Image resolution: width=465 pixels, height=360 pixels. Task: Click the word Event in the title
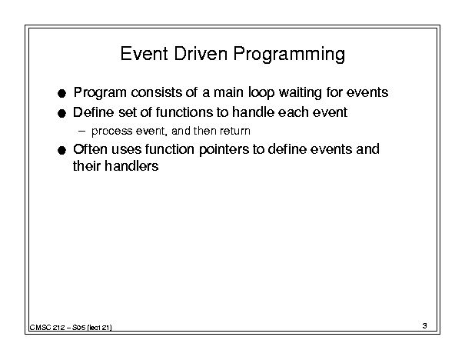point(144,54)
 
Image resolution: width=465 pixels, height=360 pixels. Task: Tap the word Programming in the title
point(289,55)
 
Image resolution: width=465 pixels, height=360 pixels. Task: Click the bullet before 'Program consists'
point(61,94)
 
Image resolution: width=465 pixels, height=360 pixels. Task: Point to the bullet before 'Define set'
point(61,113)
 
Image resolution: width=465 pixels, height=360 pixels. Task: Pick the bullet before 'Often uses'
point(61,151)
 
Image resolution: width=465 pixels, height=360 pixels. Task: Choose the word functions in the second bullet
point(184,112)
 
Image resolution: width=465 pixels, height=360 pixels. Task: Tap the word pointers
point(224,150)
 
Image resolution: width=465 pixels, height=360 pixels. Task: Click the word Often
point(90,149)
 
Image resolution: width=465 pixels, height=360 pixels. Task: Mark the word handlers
point(131,166)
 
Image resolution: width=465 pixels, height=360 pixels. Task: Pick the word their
point(87,166)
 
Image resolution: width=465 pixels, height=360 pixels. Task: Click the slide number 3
point(425,325)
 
